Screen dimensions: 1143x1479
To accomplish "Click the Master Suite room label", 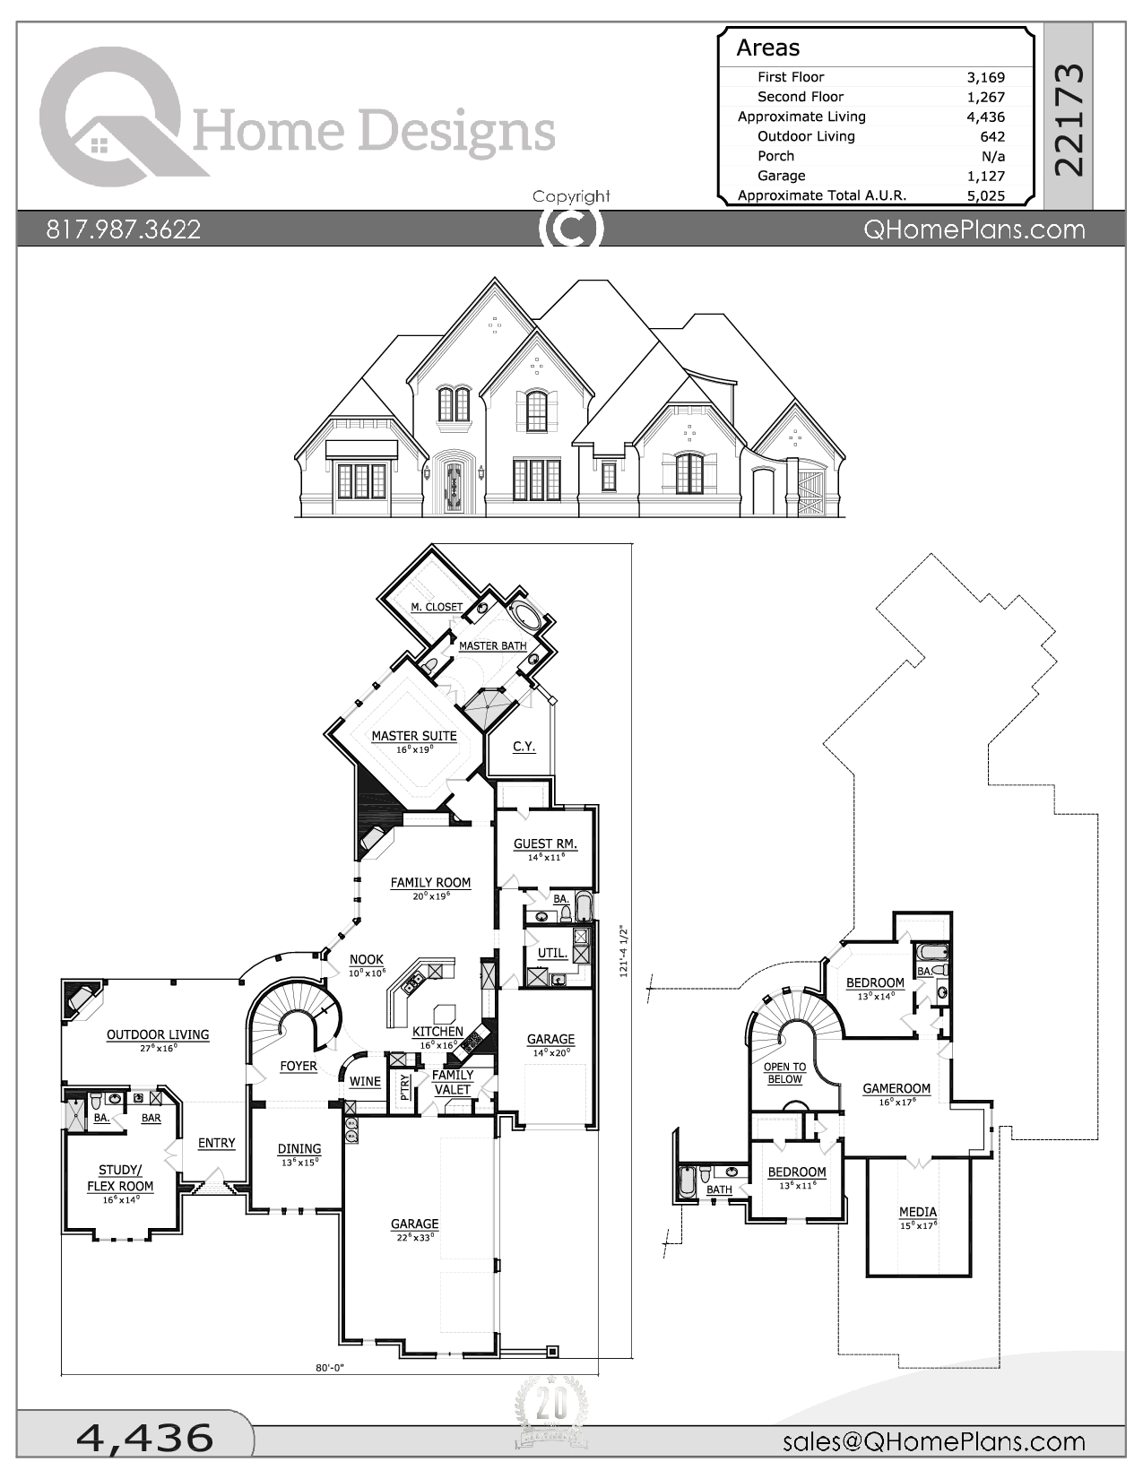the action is pos(414,736).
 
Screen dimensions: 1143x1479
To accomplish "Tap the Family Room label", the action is pos(430,883).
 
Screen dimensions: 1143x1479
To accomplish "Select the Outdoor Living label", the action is pos(158,1034).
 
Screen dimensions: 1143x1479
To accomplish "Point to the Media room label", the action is pos(917,1212).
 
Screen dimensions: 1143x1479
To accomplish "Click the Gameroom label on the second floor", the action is pos(896,1088).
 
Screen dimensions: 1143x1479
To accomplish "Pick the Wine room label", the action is pos(365,1081).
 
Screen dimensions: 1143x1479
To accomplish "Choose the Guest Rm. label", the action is pos(545,843).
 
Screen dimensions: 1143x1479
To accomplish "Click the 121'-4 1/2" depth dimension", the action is pos(625,950).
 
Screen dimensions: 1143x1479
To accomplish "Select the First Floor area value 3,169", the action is pos(985,78).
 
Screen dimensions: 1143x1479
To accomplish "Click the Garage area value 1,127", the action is pos(985,177).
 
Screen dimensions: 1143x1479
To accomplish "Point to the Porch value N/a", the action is pos(993,157).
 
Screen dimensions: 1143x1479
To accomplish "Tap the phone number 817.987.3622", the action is pos(124,230).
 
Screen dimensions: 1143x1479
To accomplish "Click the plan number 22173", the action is pos(1069,119).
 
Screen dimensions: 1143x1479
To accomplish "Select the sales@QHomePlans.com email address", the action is pos(933,1441).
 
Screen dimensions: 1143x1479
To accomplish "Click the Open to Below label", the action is pos(784,1073).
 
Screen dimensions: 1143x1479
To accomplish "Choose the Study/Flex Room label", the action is pos(120,1178).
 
